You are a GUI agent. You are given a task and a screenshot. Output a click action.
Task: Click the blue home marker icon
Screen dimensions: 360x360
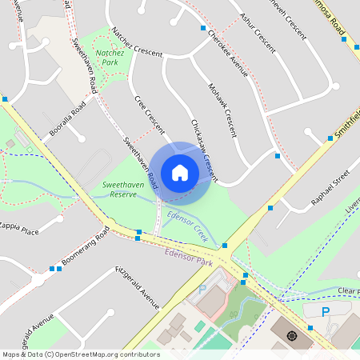(x=180, y=172)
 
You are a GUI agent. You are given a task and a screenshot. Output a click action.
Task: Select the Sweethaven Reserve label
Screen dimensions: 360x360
(x=125, y=189)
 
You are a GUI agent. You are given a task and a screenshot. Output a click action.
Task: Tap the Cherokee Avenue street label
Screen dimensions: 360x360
(x=227, y=52)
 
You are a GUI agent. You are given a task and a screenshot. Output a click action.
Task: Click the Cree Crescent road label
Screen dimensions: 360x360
(x=149, y=115)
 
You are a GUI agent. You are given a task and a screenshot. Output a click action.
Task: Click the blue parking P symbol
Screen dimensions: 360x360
(x=325, y=311)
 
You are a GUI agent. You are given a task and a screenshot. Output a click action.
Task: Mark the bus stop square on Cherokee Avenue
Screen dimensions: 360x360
(x=202, y=28)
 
